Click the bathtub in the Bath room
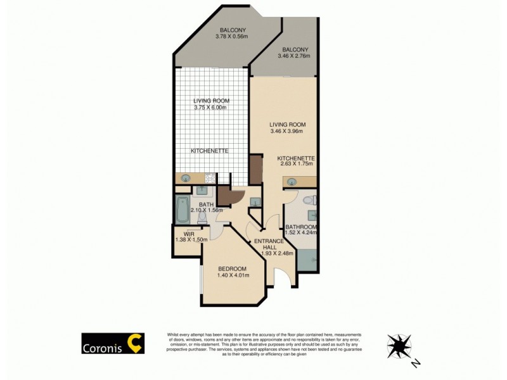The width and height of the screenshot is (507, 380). tap(182, 209)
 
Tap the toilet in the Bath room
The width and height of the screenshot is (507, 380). tap(202, 217)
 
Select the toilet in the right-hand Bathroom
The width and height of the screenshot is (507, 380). tap(307, 200)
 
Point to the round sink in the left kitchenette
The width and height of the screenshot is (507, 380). tap(187, 179)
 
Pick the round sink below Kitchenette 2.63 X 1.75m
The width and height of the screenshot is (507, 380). tap(292, 182)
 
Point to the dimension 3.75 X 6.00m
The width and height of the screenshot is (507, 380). tap(211, 108)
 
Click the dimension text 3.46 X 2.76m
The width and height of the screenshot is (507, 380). tap(295, 56)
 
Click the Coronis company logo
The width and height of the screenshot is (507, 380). tap(113, 344)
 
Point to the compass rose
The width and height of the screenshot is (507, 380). tap(399, 346)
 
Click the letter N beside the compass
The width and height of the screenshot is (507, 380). tap(415, 363)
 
